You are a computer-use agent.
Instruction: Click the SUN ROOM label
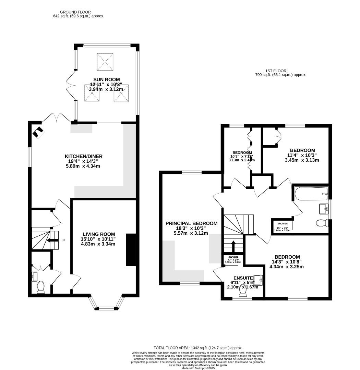[105, 79]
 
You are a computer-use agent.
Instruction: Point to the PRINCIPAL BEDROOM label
[191, 223]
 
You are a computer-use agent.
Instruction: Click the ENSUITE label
[243, 278]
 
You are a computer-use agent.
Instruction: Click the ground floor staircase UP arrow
[52, 241]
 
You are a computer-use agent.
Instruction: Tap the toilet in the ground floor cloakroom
[41, 287]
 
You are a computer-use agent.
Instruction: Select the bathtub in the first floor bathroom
[311, 194]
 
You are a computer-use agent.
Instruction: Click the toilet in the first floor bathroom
[322, 223]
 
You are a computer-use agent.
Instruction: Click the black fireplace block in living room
[131, 249]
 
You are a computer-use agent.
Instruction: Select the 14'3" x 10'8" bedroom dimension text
[287, 262]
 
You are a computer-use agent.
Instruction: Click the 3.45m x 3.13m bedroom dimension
[302, 160]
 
